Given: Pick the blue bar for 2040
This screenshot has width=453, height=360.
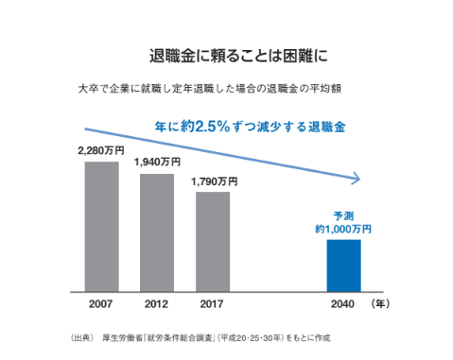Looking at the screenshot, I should [344, 264].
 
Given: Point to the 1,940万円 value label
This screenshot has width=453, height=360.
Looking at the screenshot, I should [157, 163].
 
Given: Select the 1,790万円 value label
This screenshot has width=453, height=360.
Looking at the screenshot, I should [213, 180].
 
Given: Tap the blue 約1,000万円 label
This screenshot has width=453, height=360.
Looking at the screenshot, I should [343, 229].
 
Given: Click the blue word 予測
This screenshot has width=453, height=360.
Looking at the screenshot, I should [343, 214].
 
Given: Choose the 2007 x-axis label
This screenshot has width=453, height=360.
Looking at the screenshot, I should [101, 304].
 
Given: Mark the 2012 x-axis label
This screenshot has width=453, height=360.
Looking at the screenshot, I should [156, 304].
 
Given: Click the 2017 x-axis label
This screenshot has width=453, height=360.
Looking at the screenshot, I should [212, 304].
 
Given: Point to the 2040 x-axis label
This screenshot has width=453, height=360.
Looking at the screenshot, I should [344, 304].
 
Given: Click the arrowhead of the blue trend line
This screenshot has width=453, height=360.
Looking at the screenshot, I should [356, 177].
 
